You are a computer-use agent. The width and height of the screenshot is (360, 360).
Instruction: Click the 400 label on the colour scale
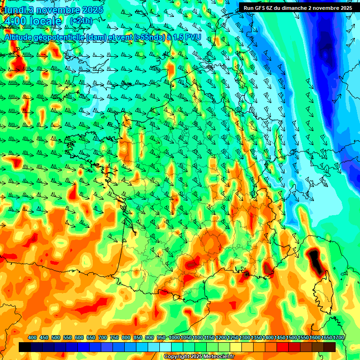[32, 337]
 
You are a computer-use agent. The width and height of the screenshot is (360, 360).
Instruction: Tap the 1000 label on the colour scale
[174, 337]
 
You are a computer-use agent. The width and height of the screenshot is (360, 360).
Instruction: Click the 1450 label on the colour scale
[280, 337]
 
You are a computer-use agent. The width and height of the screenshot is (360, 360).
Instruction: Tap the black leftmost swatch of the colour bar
[25, 347]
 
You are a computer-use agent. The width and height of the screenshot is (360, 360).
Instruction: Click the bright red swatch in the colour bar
[282, 347]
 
